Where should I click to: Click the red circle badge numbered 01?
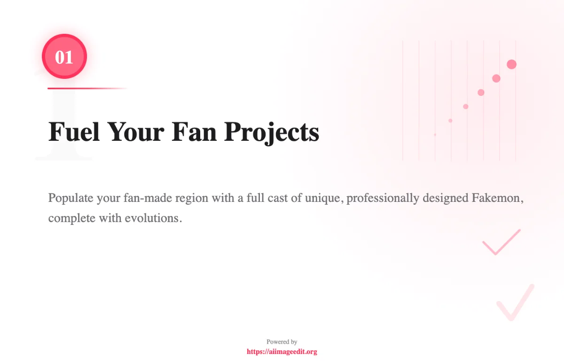(64, 57)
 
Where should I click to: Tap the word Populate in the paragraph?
(70, 198)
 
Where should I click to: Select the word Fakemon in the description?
(497, 198)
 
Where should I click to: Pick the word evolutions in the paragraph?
(153, 219)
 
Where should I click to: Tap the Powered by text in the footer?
(282, 342)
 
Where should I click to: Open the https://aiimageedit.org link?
(282, 352)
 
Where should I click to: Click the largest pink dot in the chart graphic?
(512, 64)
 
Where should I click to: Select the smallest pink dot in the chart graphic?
(435, 135)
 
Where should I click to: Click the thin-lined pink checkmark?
(501, 242)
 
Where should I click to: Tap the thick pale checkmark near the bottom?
(516, 303)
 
